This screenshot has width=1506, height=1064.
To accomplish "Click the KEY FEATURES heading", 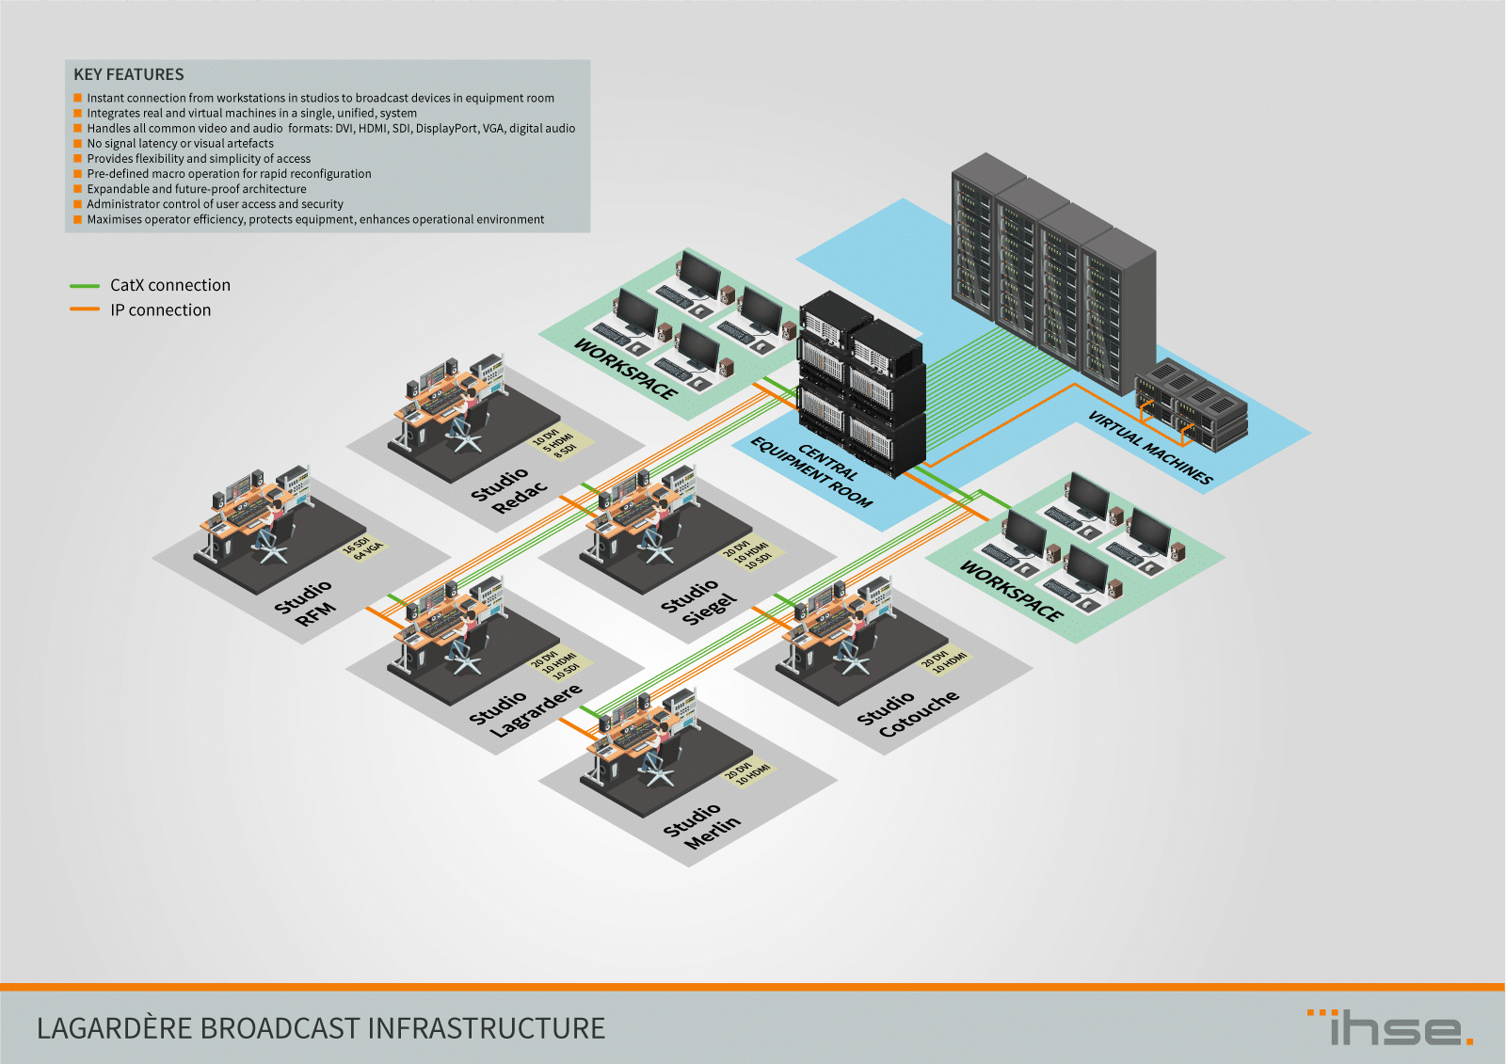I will (129, 74).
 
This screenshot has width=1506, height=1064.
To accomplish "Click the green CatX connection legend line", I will (85, 285).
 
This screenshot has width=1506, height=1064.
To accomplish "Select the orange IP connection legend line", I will (85, 310).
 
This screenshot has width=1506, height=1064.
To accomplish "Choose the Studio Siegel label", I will (698, 602).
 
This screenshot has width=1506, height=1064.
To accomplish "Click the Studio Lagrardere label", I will (525, 709).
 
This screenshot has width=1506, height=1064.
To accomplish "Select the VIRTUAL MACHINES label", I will (1150, 447).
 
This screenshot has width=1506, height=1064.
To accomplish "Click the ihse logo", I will (1390, 1027).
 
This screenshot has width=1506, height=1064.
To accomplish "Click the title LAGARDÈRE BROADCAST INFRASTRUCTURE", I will (321, 1028).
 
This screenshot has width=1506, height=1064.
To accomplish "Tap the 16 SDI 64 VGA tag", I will (362, 548).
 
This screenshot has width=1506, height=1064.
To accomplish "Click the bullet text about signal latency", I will (180, 144).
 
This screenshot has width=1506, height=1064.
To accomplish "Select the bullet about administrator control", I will (215, 204).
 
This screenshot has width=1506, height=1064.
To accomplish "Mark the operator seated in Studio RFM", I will (274, 516).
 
